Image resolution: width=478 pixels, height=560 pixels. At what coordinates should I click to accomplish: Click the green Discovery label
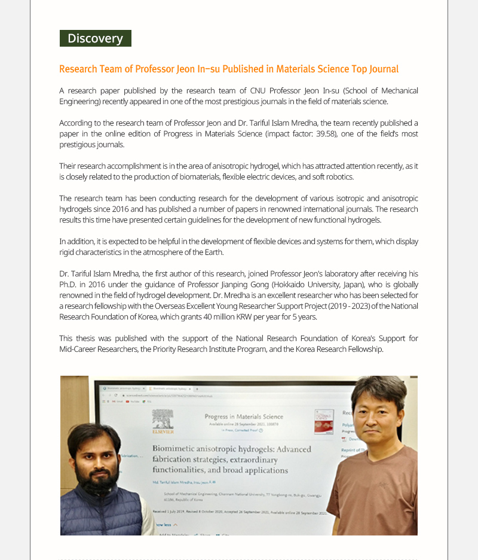[x=95, y=38]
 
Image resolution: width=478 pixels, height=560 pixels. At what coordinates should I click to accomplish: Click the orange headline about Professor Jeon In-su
[x=229, y=69]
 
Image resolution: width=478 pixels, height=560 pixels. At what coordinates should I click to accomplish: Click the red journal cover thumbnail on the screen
[x=324, y=421]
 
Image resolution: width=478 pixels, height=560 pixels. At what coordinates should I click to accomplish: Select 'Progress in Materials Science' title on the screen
[x=244, y=416]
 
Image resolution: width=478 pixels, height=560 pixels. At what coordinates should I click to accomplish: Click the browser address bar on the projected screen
[x=179, y=395]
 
